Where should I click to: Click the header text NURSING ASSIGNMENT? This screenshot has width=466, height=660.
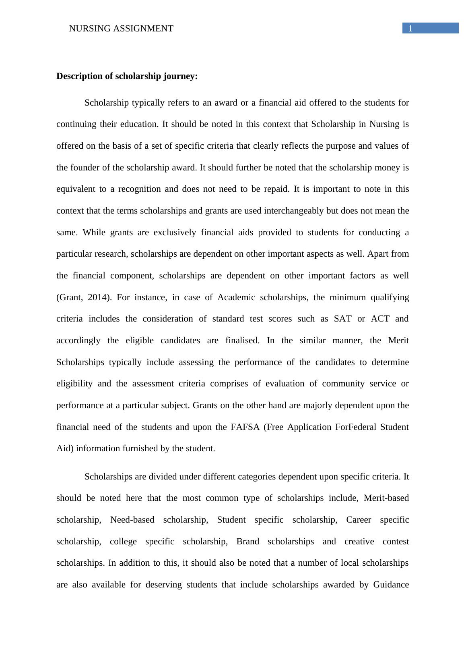[121, 29]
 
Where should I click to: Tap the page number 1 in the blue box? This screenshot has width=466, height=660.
[410, 28]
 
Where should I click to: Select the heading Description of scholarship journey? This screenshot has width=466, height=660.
[127, 76]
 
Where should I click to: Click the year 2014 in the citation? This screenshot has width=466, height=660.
[97, 297]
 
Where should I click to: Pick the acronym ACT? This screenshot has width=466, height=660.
[380, 319]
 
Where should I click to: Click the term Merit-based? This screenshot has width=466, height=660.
[386, 498]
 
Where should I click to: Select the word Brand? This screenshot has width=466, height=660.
[247, 542]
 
